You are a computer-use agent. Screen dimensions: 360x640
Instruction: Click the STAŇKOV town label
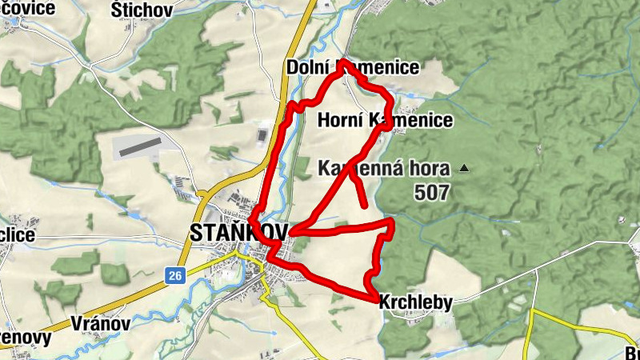(238, 233)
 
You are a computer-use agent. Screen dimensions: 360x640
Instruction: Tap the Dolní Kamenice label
(352, 68)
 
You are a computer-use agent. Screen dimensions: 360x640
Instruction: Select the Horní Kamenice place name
(385, 121)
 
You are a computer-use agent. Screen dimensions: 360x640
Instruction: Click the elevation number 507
(432, 193)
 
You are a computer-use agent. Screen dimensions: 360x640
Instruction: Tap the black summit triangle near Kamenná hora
(463, 168)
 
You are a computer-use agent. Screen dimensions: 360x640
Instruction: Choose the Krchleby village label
(415, 302)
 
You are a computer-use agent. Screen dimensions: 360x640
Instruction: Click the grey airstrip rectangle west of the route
(138, 146)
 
